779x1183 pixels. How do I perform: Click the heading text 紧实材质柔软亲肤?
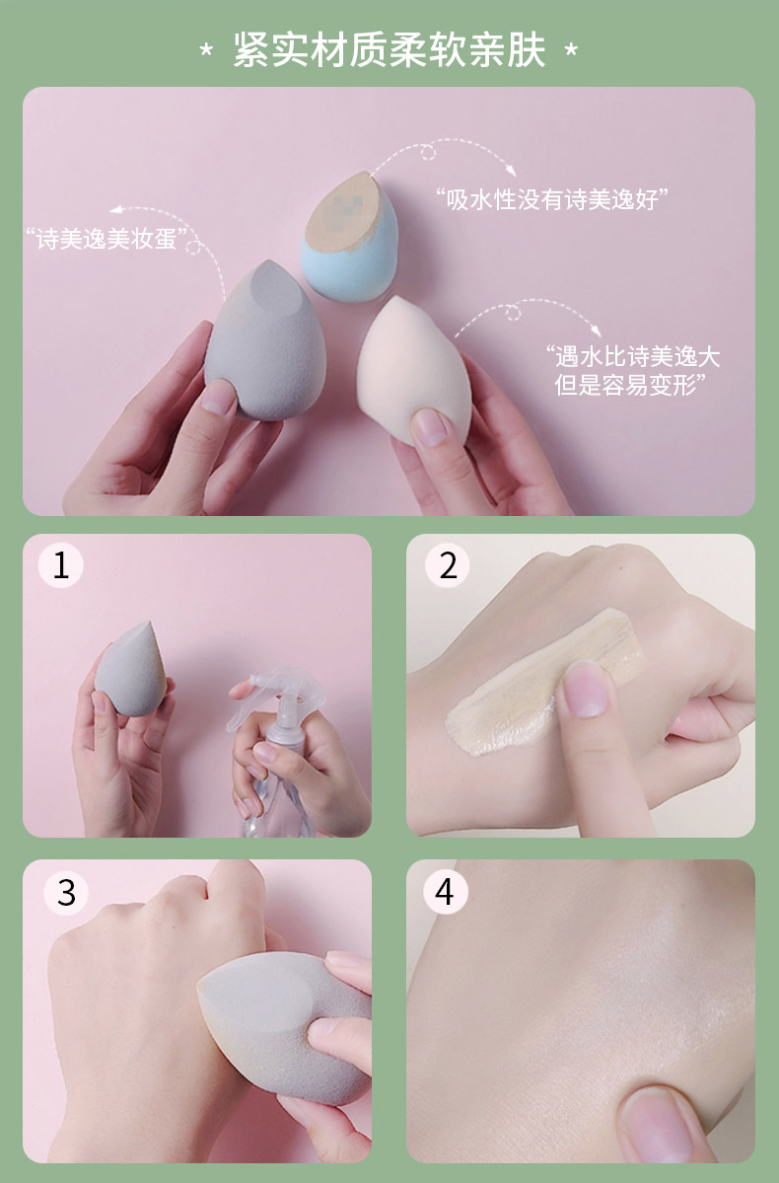point(389,50)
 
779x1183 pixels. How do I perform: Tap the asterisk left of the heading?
point(206,51)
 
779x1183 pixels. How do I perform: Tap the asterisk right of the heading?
point(571,51)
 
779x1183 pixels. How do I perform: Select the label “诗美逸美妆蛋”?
point(106,239)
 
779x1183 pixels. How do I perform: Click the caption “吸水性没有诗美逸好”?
point(552,199)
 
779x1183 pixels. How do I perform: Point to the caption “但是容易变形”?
point(630,385)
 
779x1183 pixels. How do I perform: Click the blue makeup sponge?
point(349,236)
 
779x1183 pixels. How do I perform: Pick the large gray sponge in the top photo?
point(264,341)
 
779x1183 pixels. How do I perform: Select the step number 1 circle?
point(60,565)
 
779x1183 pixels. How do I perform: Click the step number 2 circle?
point(448,565)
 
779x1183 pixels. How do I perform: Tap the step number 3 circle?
point(66,893)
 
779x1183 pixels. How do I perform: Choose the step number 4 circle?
point(445,892)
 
